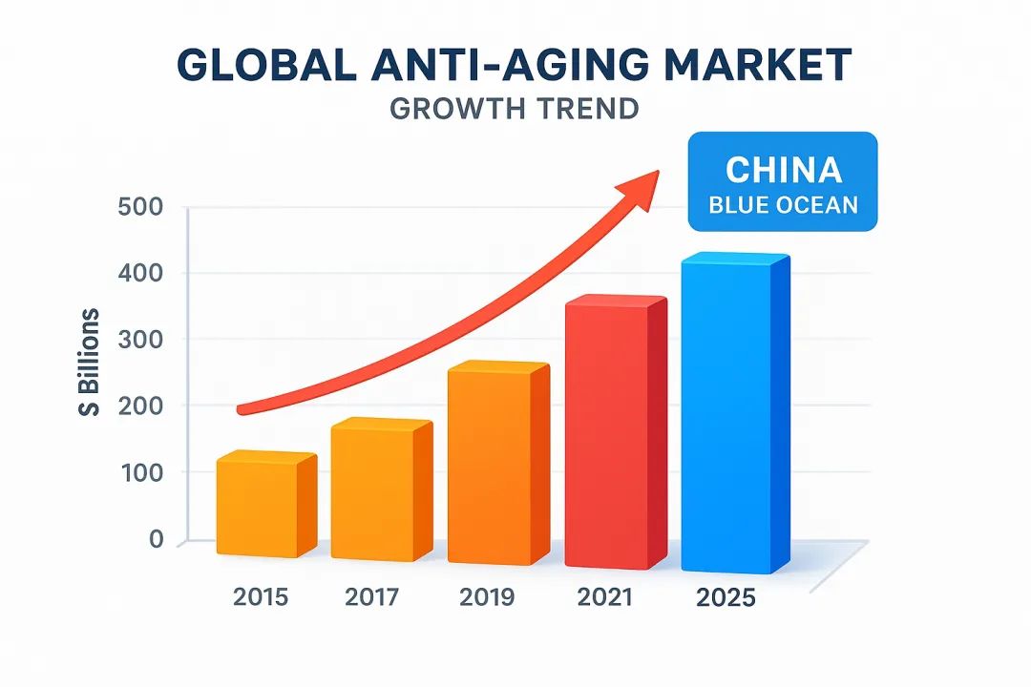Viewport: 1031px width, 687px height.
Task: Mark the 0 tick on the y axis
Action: tap(157, 540)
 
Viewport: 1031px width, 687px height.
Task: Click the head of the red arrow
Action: tap(641, 185)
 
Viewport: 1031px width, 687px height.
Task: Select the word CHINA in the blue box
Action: tap(783, 170)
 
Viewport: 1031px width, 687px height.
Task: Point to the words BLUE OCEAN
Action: tap(783, 204)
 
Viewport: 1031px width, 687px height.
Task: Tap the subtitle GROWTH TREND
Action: tap(515, 108)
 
